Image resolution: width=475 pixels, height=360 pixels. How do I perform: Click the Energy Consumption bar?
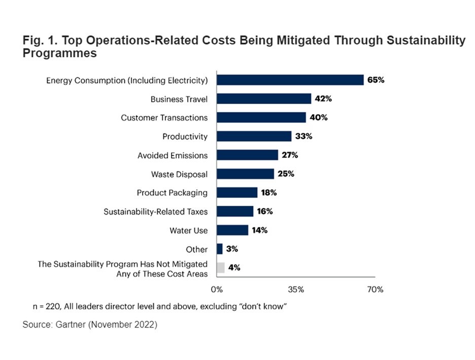(x=290, y=80)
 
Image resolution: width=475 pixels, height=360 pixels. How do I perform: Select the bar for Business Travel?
(x=264, y=99)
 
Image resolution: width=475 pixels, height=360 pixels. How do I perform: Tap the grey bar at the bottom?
(x=221, y=268)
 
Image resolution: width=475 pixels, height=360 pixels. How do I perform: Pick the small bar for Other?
(x=220, y=249)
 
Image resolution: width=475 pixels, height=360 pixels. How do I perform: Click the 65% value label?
(x=376, y=80)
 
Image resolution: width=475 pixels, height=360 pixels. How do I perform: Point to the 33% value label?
(x=303, y=137)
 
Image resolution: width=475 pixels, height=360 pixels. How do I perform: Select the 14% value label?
(x=260, y=230)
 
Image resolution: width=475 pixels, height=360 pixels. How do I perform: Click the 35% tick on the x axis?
(x=296, y=290)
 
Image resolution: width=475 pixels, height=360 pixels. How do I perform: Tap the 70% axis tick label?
(x=375, y=290)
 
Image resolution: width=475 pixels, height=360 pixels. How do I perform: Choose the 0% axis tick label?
(x=217, y=290)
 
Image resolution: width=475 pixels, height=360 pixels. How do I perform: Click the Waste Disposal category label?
(x=179, y=174)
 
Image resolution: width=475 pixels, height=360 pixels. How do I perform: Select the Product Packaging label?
(x=172, y=193)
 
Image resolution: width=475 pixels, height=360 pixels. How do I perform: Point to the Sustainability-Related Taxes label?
(x=155, y=212)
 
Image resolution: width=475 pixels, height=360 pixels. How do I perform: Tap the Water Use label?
(x=188, y=231)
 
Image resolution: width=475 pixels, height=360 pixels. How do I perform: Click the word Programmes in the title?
(x=59, y=53)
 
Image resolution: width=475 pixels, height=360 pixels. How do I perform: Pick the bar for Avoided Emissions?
(x=247, y=155)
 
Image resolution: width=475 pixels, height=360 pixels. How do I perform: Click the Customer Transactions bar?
(x=261, y=118)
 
